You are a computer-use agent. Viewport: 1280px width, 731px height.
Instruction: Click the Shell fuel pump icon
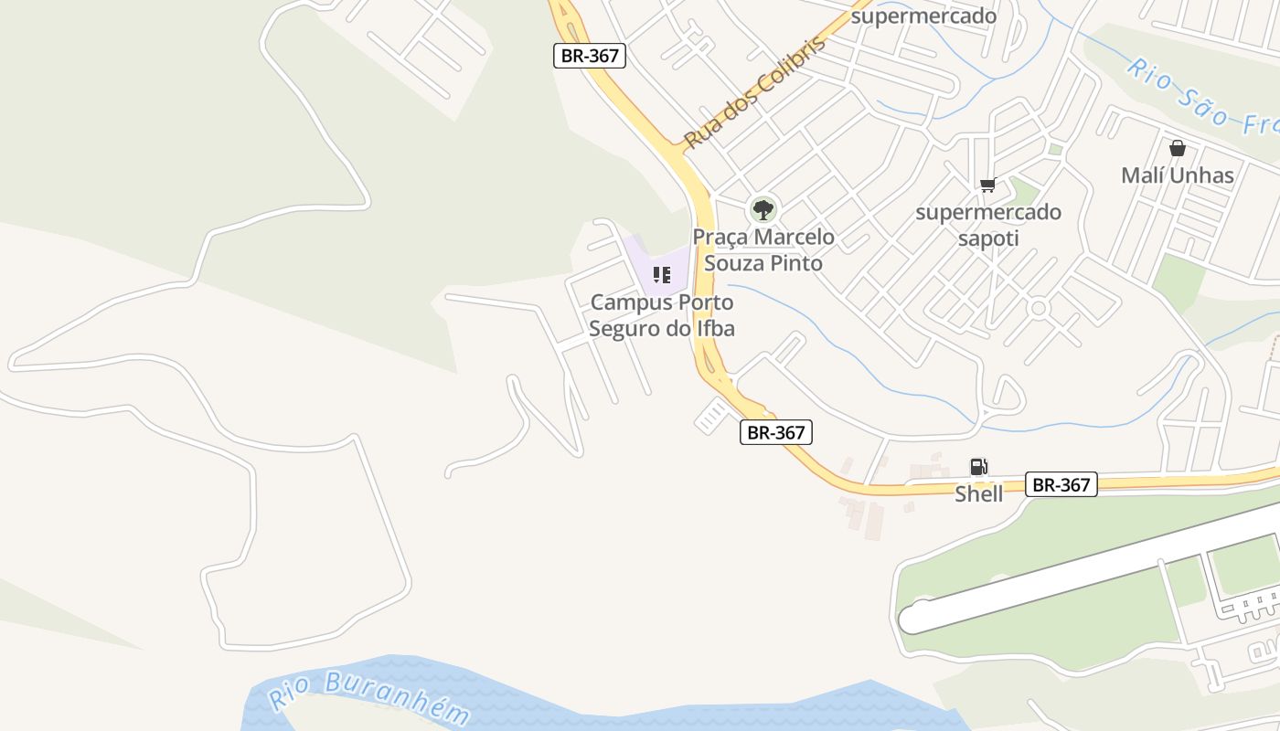tap(978, 467)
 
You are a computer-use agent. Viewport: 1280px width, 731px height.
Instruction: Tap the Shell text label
tap(978, 494)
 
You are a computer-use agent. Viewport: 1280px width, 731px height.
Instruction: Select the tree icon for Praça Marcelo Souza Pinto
tap(763, 210)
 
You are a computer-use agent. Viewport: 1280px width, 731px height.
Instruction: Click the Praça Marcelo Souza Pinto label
tap(763, 250)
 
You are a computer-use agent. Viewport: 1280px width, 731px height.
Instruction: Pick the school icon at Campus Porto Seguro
tap(662, 274)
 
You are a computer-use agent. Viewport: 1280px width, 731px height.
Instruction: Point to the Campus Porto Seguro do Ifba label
tap(662, 315)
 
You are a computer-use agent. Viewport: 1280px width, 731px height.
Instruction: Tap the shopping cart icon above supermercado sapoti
tap(987, 186)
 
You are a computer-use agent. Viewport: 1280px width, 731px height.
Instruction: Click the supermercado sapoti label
tap(988, 226)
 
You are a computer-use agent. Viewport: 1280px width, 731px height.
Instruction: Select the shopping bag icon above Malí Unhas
tap(1178, 148)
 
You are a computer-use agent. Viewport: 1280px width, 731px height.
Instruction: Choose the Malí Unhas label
tap(1178, 175)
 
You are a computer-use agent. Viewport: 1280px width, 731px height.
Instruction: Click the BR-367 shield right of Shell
tap(1061, 484)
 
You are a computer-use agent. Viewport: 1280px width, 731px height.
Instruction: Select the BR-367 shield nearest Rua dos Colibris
tap(590, 55)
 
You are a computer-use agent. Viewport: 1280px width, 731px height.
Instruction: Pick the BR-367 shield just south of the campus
tap(775, 432)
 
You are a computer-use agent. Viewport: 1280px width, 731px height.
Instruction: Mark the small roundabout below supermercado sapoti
tap(1038, 308)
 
